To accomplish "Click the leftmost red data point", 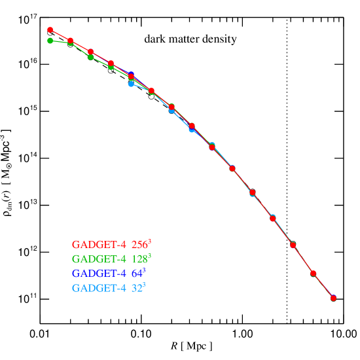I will pyautogui.click(x=50, y=29).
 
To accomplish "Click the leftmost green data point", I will pyautogui.click(x=50, y=41).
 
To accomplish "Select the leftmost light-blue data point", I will pyautogui.click(x=131, y=84).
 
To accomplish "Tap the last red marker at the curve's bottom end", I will pyautogui.click(x=333, y=298).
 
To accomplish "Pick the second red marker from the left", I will pyautogui.click(x=70, y=41).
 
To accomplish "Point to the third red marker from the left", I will pyautogui.click(x=90, y=52).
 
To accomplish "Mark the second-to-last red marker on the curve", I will pyautogui.click(x=313, y=273).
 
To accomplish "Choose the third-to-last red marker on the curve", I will pyautogui.click(x=293, y=245).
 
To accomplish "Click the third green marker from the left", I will pyautogui.click(x=90, y=57).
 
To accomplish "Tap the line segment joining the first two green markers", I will pyautogui.click(x=60, y=42).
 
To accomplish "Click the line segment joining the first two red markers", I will pyautogui.click(x=60, y=35).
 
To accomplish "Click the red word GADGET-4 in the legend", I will pyautogui.click(x=98, y=245).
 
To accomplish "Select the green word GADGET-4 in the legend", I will pyautogui.click(x=98, y=259).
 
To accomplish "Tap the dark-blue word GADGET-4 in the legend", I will pyautogui.click(x=98, y=274).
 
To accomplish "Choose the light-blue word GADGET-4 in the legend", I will pyautogui.click(x=98, y=288).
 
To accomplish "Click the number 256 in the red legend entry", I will pyautogui.click(x=139, y=245).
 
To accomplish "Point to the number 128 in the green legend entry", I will pyautogui.click(x=139, y=259).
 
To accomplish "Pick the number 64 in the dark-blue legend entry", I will pyautogui.click(x=136, y=274).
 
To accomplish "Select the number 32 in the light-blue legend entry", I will pyautogui.click(x=136, y=288).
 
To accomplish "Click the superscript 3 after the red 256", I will pyautogui.click(x=150, y=242).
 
